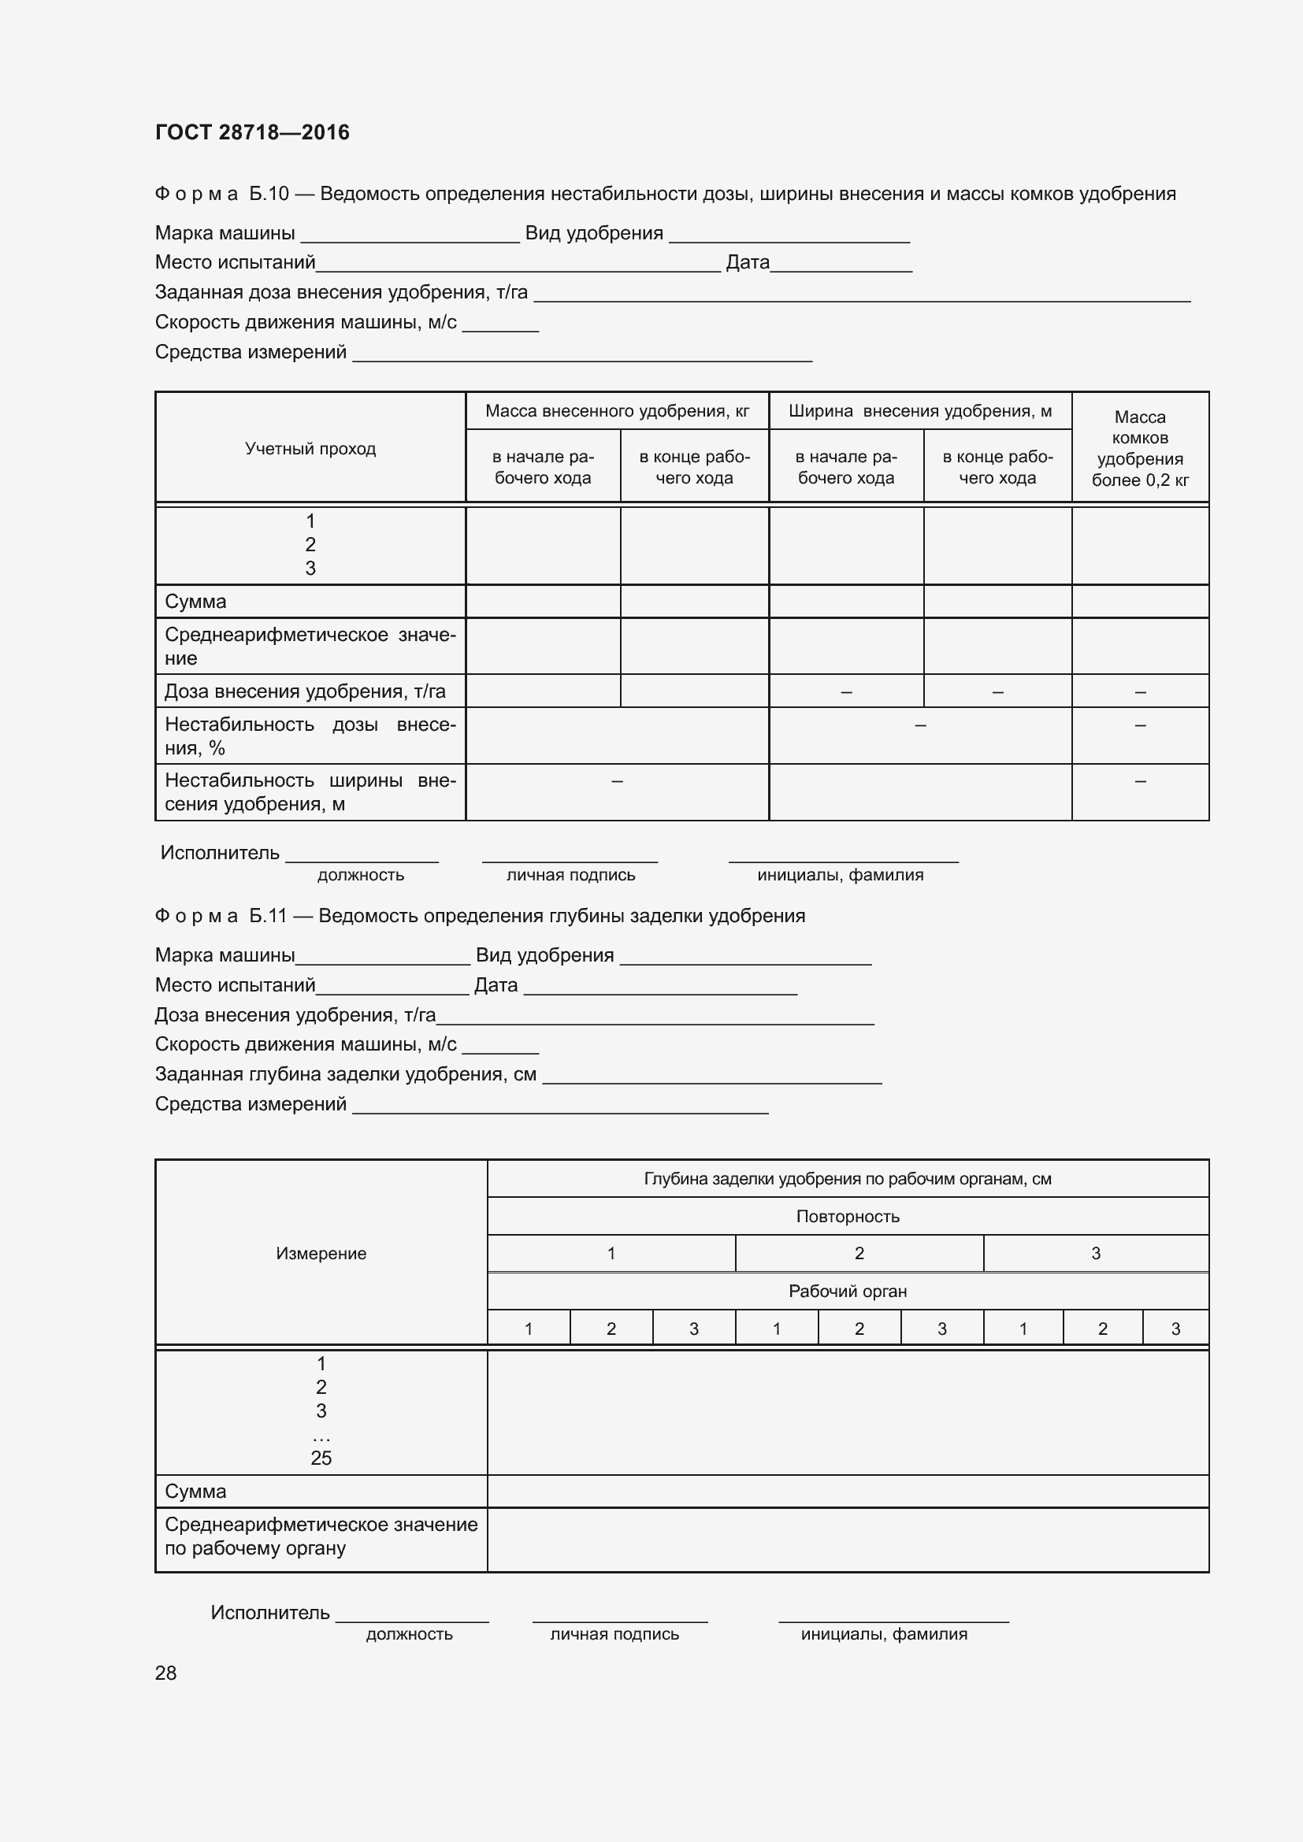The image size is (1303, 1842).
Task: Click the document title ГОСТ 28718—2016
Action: point(252,132)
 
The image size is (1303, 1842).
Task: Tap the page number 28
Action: point(165,1673)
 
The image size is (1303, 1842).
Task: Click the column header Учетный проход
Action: point(310,448)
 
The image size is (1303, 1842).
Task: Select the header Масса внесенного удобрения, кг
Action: point(616,411)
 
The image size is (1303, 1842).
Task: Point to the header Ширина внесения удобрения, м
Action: point(919,411)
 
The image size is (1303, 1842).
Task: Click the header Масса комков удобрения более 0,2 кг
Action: point(1139,447)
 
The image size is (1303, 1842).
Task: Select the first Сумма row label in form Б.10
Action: point(196,602)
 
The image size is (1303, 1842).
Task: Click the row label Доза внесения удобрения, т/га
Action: point(305,691)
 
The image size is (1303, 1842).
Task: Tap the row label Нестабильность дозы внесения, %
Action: point(310,736)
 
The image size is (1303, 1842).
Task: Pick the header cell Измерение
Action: point(321,1253)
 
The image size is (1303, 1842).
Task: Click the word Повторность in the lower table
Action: point(848,1216)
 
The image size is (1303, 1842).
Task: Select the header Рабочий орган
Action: point(848,1291)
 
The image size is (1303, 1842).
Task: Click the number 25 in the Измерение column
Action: point(321,1458)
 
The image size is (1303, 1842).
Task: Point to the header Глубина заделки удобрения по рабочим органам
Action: point(848,1179)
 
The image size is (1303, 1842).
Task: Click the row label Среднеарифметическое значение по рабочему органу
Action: point(321,1536)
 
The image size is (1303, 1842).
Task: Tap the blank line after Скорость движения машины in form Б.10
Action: point(500,328)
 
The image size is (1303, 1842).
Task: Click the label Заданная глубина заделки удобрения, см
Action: point(345,1073)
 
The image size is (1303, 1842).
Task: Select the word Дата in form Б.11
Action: point(495,985)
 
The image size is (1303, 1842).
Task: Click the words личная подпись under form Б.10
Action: point(570,875)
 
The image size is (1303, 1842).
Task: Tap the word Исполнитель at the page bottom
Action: point(269,1613)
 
